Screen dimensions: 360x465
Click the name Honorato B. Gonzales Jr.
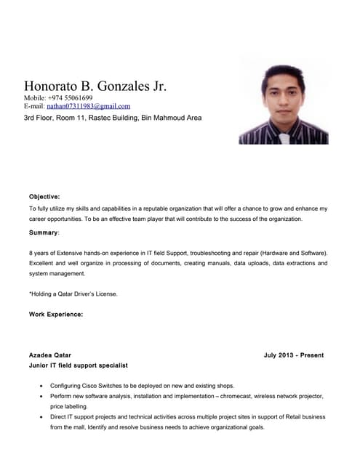pos(95,86)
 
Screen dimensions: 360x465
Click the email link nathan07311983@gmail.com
pos(89,106)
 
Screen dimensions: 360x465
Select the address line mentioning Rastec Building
pos(113,117)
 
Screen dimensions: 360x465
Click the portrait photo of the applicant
pos(283,102)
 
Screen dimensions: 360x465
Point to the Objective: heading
pos(44,196)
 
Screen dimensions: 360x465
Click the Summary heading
pos(44,232)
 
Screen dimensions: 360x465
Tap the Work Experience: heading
pos(56,314)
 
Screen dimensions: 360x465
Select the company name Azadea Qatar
pos(49,355)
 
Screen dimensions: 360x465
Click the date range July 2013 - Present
pos(294,355)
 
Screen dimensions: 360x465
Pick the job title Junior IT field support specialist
pos(78,365)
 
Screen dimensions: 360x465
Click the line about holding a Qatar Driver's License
pos(73,294)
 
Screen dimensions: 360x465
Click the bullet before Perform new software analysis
pos(39,397)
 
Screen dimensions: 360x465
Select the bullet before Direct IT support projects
pos(39,418)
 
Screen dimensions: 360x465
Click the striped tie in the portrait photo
pos(284,136)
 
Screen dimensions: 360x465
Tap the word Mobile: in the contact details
pos(35,98)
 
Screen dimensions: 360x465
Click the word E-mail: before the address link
pos(34,106)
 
